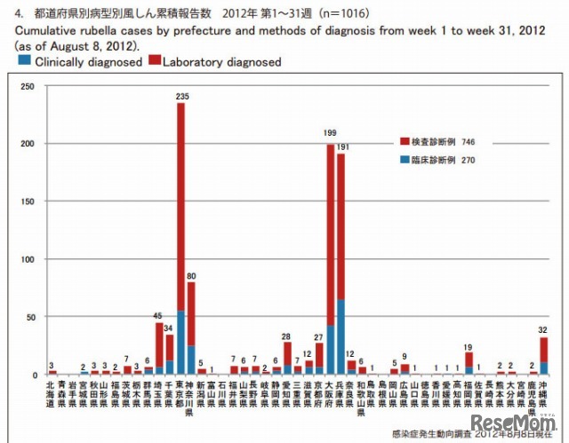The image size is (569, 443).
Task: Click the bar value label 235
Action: [181, 96]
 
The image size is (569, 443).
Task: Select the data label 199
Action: [331, 132]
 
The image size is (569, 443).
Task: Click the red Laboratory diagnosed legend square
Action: [155, 62]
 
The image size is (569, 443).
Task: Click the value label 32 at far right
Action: [543, 330]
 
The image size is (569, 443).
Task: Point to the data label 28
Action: [287, 336]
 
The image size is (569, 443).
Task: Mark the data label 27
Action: [319, 336]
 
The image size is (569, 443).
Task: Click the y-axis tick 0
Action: [32, 375]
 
